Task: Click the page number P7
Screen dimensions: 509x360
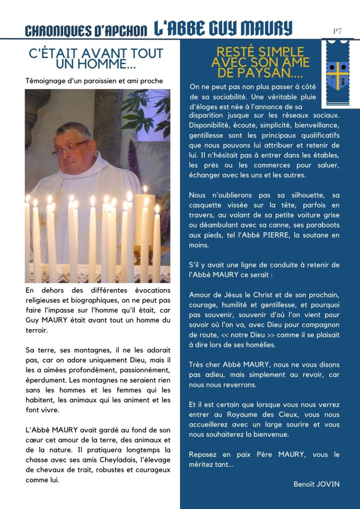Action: pyautogui.click(x=337, y=31)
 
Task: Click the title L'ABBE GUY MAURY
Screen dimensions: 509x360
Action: pyautogui.click(x=223, y=28)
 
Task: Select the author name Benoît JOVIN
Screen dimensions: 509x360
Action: pyautogui.click(x=316, y=484)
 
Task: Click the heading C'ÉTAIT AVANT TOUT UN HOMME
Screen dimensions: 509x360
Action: pyautogui.click(x=96, y=58)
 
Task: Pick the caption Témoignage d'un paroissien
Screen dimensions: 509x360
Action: pyautogui.click(x=94, y=81)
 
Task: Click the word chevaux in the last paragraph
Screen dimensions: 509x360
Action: pyautogui.click(x=55, y=470)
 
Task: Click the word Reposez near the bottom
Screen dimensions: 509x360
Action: pyautogui.click(x=203, y=454)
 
